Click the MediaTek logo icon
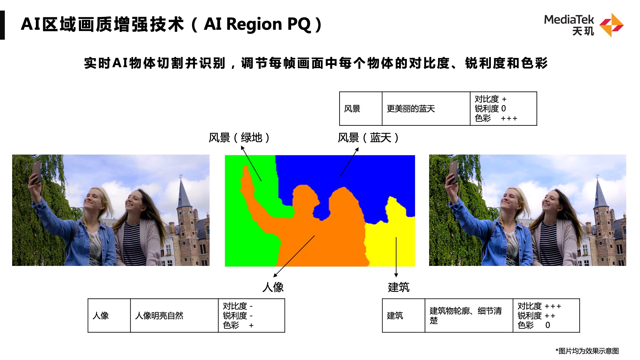pos(611,25)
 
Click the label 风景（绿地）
pos(239,138)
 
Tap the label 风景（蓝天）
pos(368,138)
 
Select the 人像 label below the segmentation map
pos(273,287)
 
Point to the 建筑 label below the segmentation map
pos(398,287)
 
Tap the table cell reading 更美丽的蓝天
pos(411,109)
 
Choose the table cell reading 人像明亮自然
pos(159,316)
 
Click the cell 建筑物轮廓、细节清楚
pos(466,316)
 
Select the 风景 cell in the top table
pos(352,109)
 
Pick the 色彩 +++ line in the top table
pos(496,118)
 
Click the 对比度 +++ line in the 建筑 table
pos(539,306)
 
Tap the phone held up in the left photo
pos(36,172)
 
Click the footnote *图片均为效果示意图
pos(587,351)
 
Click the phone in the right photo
pos(453,172)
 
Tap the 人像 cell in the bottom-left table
pos(101,316)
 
